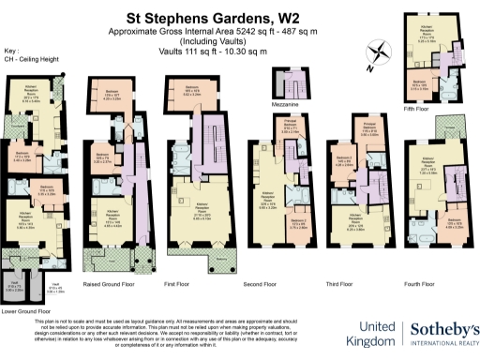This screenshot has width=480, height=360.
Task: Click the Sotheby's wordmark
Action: point(443,330)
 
